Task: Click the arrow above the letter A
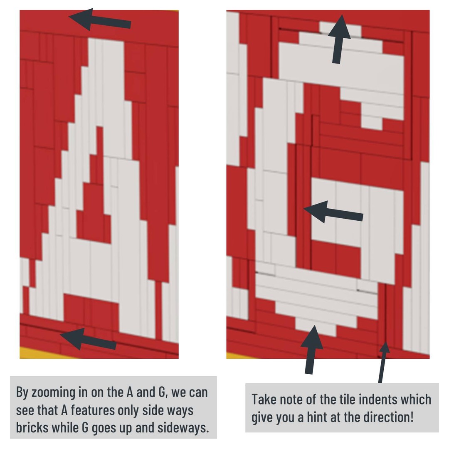(100, 20)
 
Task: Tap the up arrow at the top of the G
(339, 39)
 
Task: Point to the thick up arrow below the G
(311, 349)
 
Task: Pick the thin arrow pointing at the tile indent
(383, 362)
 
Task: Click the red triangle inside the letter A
(94, 212)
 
